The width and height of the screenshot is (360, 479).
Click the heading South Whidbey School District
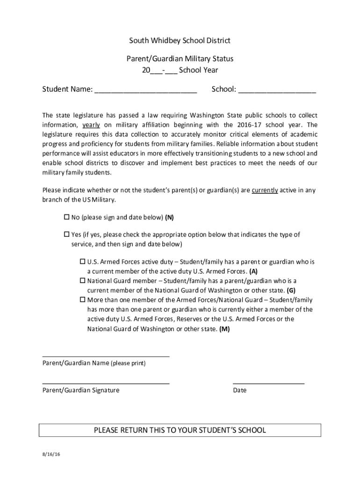180,41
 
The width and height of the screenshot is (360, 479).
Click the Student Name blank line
145,92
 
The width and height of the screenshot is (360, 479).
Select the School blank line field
277,92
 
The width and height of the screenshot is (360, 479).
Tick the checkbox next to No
66,218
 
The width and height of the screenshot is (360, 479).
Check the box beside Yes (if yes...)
66,234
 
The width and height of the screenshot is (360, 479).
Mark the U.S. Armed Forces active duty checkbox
82,262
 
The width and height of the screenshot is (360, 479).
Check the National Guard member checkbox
82,281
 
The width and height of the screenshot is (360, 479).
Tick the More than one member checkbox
82,300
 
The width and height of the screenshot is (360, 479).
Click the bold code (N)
169,218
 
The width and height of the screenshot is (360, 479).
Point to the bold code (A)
253,271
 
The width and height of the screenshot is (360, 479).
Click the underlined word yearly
91,125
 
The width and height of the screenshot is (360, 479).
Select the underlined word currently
265,190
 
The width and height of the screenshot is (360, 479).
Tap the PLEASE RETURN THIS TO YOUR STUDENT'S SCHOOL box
180,430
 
